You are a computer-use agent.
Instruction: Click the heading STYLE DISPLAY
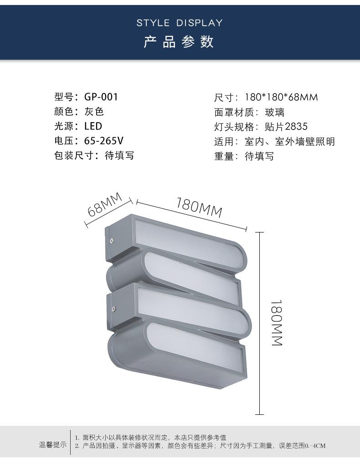tap(180, 23)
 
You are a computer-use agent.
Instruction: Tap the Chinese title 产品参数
tap(180, 42)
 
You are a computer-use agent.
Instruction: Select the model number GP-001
tap(101, 97)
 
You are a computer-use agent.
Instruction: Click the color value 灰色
tap(94, 112)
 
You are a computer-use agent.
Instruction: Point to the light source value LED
tap(93, 126)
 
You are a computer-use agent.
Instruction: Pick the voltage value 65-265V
tap(104, 141)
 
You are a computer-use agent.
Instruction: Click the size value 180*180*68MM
tap(281, 97)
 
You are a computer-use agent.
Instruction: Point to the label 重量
tap(224, 156)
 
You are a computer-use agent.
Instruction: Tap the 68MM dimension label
tap(105, 205)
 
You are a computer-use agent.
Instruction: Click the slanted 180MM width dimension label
tap(199, 208)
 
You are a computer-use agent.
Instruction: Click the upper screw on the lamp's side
tap(111, 237)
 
